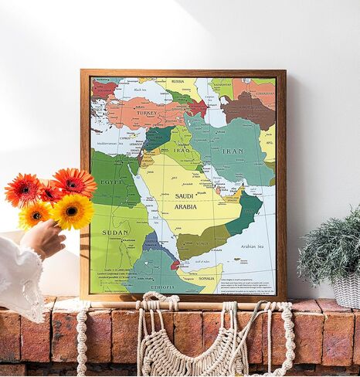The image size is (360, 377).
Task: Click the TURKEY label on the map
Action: [147, 113]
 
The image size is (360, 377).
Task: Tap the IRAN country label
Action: [232, 152]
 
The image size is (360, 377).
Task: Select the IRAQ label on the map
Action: [178, 150]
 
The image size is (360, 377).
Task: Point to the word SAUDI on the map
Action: [185, 196]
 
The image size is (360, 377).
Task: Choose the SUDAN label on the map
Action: [115, 232]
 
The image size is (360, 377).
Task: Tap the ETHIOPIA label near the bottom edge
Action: [163, 286]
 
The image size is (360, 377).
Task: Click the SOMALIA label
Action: [206, 278]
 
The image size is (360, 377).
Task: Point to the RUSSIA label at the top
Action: [177, 80]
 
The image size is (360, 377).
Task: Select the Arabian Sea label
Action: [253, 247]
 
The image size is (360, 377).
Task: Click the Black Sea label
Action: [140, 90]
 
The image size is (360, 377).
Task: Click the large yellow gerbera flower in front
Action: [72, 212]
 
